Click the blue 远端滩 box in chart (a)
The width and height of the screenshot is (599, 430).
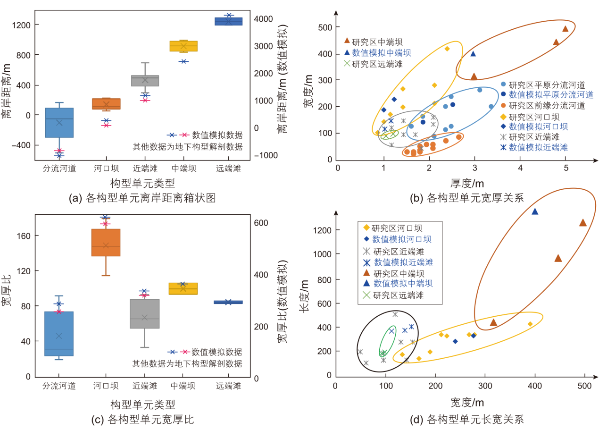pyautogui.click(x=228, y=21)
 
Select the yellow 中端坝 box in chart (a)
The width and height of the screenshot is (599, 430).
pyautogui.click(x=183, y=46)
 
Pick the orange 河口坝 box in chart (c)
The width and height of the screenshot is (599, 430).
pyautogui.click(x=106, y=243)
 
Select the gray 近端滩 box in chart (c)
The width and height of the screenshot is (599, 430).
pyautogui.click(x=145, y=314)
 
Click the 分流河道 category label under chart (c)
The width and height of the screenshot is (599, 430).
pyautogui.click(x=59, y=386)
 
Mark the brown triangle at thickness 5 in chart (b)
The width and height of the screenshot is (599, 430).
pyautogui.click(x=566, y=29)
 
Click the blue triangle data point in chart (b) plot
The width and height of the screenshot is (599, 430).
pyautogui.click(x=473, y=53)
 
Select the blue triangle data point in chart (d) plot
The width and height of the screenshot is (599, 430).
pyautogui.click(x=535, y=211)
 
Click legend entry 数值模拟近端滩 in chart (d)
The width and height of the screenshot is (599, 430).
pyautogui.click(x=403, y=262)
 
